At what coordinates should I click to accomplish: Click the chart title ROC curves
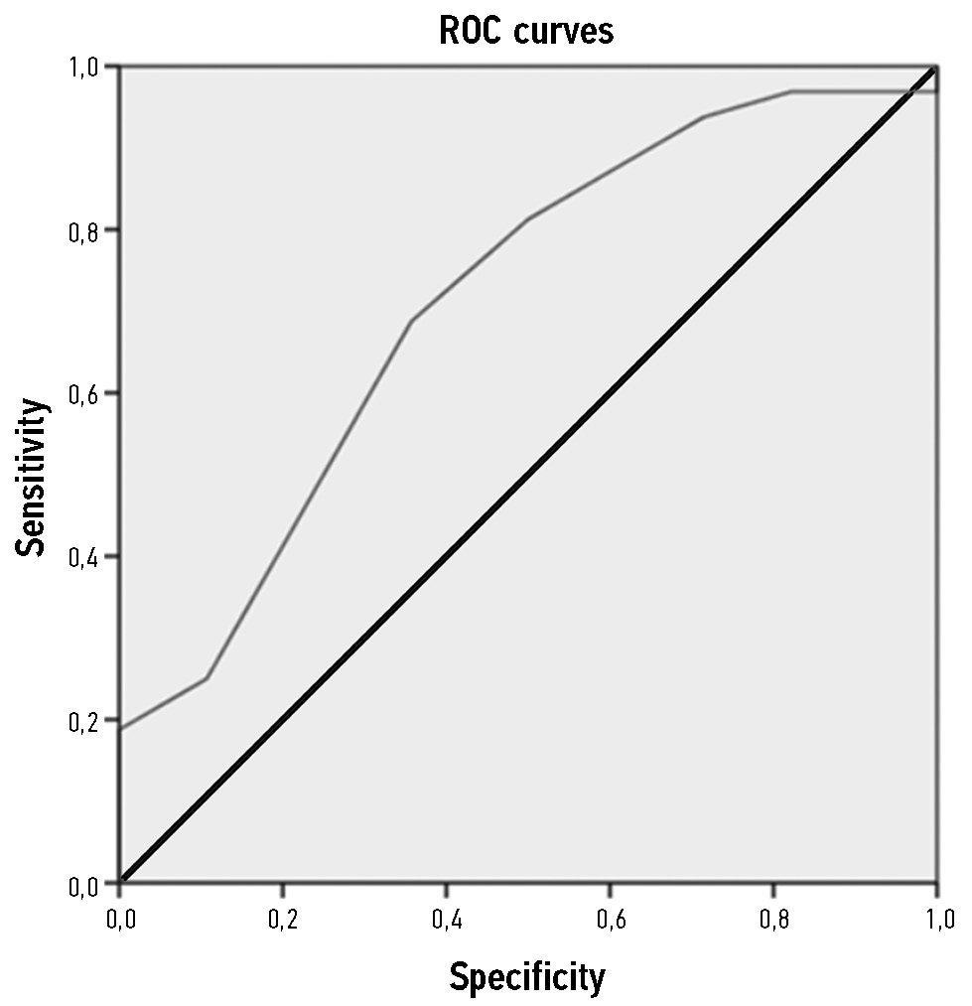[526, 31]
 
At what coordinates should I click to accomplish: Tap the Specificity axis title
[526, 977]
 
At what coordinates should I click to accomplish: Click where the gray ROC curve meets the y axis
[121, 729]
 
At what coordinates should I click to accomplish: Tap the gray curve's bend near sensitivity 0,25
[207, 678]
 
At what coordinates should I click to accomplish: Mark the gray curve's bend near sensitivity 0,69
[411, 321]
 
